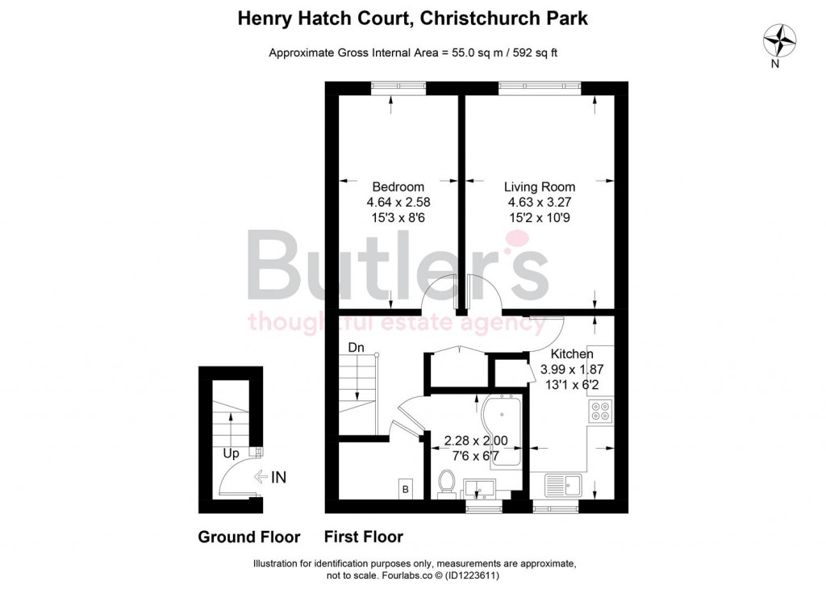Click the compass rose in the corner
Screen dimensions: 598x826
(x=779, y=39)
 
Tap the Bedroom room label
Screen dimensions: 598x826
(x=393, y=186)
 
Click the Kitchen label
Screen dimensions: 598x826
(x=572, y=353)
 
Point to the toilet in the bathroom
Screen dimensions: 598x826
(x=447, y=483)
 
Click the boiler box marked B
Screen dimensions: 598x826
(x=407, y=489)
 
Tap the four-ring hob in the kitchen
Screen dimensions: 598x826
(x=600, y=412)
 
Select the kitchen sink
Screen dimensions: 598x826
(x=565, y=485)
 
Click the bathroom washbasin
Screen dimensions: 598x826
(x=482, y=487)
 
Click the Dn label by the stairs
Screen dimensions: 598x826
(x=357, y=348)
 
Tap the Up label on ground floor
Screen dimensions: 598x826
(x=231, y=454)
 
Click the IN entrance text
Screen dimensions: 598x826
(x=277, y=477)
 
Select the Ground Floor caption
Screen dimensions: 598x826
(x=249, y=537)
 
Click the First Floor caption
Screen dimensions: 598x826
(x=363, y=537)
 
